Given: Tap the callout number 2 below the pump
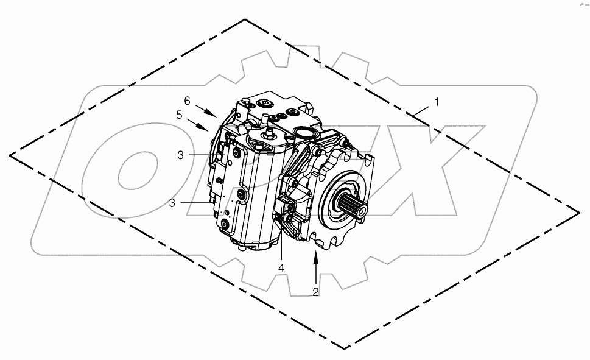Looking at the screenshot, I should (x=315, y=291).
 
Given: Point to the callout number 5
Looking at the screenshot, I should (x=179, y=114).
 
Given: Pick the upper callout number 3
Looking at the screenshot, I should (x=180, y=155).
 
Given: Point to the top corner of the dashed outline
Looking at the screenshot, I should (x=245, y=19).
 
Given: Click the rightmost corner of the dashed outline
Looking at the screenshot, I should (x=578, y=211).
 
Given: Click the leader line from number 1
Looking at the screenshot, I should (x=421, y=110).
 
